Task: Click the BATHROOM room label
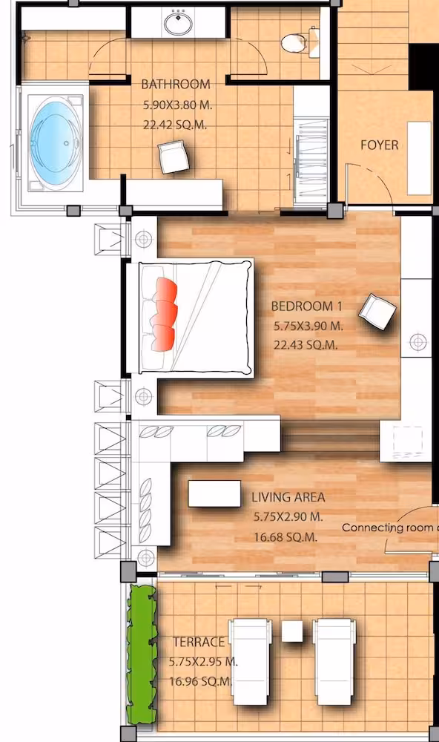[176, 85]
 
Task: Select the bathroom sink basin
[178, 22]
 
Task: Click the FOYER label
[380, 145]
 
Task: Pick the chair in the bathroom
[174, 157]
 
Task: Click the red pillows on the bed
[164, 314]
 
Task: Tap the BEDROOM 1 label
[306, 306]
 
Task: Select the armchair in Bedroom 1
[377, 312]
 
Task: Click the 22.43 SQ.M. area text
[306, 345]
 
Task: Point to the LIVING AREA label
[288, 497]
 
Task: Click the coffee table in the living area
[215, 493]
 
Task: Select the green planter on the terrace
[141, 656]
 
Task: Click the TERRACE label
[199, 642]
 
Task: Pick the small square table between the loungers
[292, 631]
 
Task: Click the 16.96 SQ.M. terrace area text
[201, 681]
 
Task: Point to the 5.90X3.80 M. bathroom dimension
[177, 105]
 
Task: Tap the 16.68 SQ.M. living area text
[285, 537]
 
